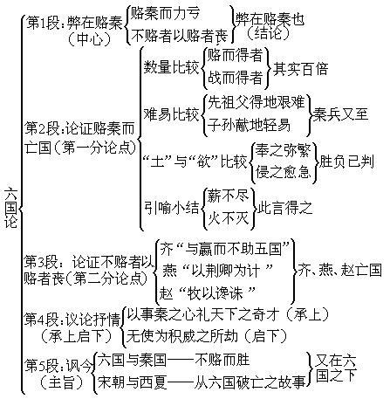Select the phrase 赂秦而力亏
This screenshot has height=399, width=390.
click(x=165, y=13)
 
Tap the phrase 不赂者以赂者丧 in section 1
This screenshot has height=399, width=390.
click(x=180, y=36)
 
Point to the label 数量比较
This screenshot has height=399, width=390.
click(x=172, y=67)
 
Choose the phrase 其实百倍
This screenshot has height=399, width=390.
click(x=300, y=69)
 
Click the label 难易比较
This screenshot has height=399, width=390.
click(x=172, y=114)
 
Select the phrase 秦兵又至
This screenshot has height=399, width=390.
click(x=340, y=114)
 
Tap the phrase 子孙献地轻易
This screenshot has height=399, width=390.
click(x=249, y=125)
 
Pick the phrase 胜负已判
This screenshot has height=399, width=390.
click(x=346, y=161)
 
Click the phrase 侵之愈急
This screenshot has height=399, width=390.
click(x=283, y=171)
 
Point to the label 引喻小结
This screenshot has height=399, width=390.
click(x=172, y=208)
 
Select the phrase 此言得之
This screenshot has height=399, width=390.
click(x=284, y=208)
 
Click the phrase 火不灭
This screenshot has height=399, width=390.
click(x=228, y=217)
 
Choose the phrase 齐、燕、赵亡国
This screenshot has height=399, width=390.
click(x=339, y=270)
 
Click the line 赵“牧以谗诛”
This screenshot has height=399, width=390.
click(x=208, y=292)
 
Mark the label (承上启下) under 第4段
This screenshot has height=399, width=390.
click(x=76, y=336)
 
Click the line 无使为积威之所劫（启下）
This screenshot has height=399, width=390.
click(x=207, y=336)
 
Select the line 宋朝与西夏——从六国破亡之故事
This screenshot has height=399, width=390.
click(x=202, y=382)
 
